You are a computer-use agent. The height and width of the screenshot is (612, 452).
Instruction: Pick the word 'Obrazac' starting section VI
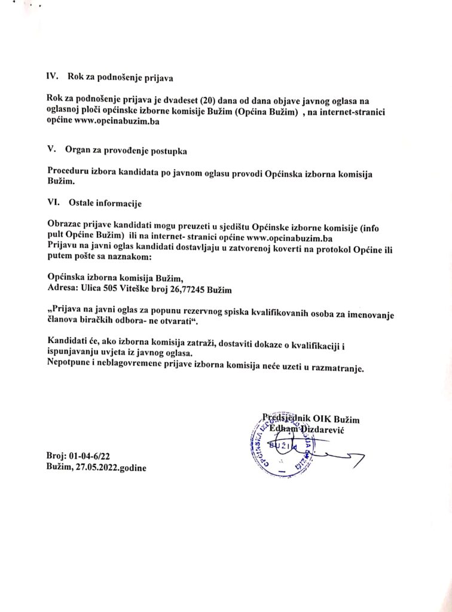pos(65,224)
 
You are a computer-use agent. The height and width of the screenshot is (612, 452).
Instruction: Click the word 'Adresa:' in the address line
pos(63,289)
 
